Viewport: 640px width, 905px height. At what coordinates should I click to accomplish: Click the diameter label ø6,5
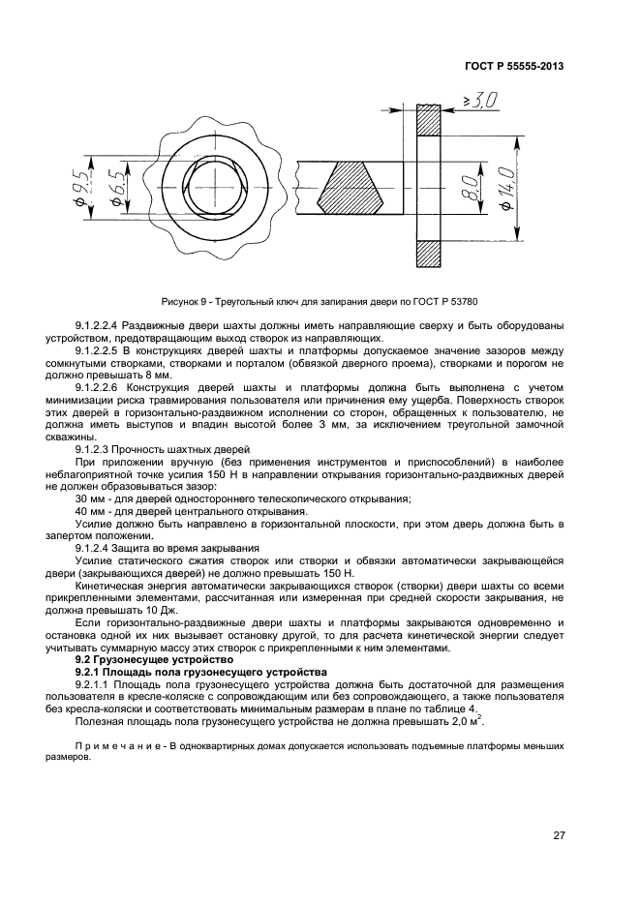[115, 187]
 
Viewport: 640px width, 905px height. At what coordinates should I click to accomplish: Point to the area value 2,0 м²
[466, 721]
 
